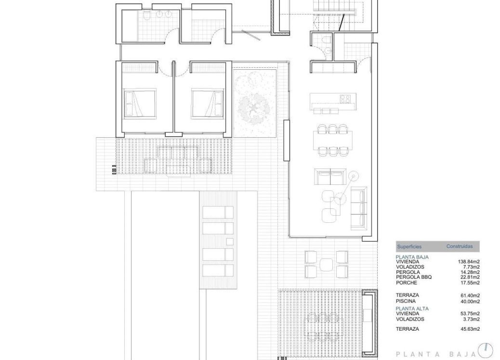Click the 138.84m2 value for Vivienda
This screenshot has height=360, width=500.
click(469, 262)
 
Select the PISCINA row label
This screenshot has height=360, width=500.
click(406, 301)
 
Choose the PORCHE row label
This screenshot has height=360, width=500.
click(407, 283)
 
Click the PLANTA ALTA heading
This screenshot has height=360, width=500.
click(412, 308)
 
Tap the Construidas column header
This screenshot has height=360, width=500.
click(460, 246)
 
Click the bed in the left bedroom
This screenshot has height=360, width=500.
click(140, 102)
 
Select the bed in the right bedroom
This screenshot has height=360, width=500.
click(207, 102)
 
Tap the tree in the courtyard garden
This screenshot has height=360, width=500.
click(254, 104)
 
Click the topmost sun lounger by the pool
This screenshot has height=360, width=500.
click(217, 212)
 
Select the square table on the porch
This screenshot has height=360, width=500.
click(327, 264)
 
